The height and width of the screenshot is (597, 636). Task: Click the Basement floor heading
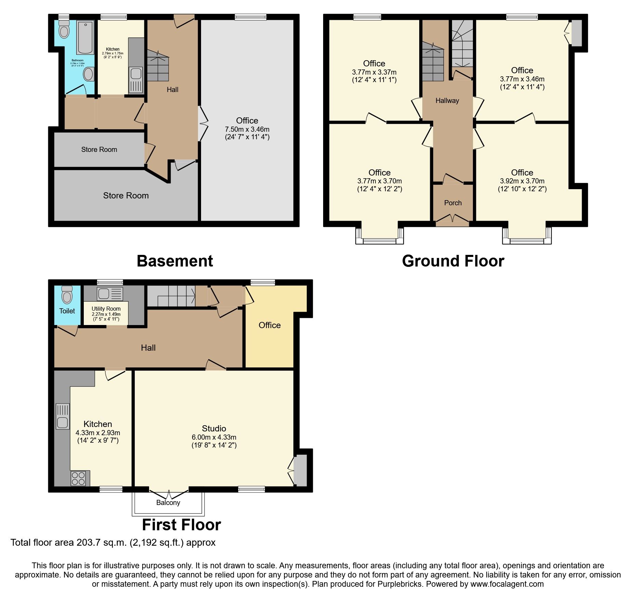(x=175, y=261)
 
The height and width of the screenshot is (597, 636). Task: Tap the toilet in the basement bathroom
(x=64, y=29)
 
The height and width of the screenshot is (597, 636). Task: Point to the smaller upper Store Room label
(x=99, y=150)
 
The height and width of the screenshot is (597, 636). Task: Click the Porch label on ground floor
(x=453, y=203)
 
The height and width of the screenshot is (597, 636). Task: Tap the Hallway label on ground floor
(x=447, y=101)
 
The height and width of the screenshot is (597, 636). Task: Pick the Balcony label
(x=168, y=503)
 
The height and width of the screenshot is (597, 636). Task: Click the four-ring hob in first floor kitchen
(x=78, y=478)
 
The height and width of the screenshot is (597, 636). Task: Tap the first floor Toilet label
(x=67, y=311)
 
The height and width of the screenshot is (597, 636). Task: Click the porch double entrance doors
(x=452, y=219)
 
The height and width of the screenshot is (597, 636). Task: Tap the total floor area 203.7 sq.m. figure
(x=97, y=543)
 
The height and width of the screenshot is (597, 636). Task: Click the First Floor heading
(x=181, y=525)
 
